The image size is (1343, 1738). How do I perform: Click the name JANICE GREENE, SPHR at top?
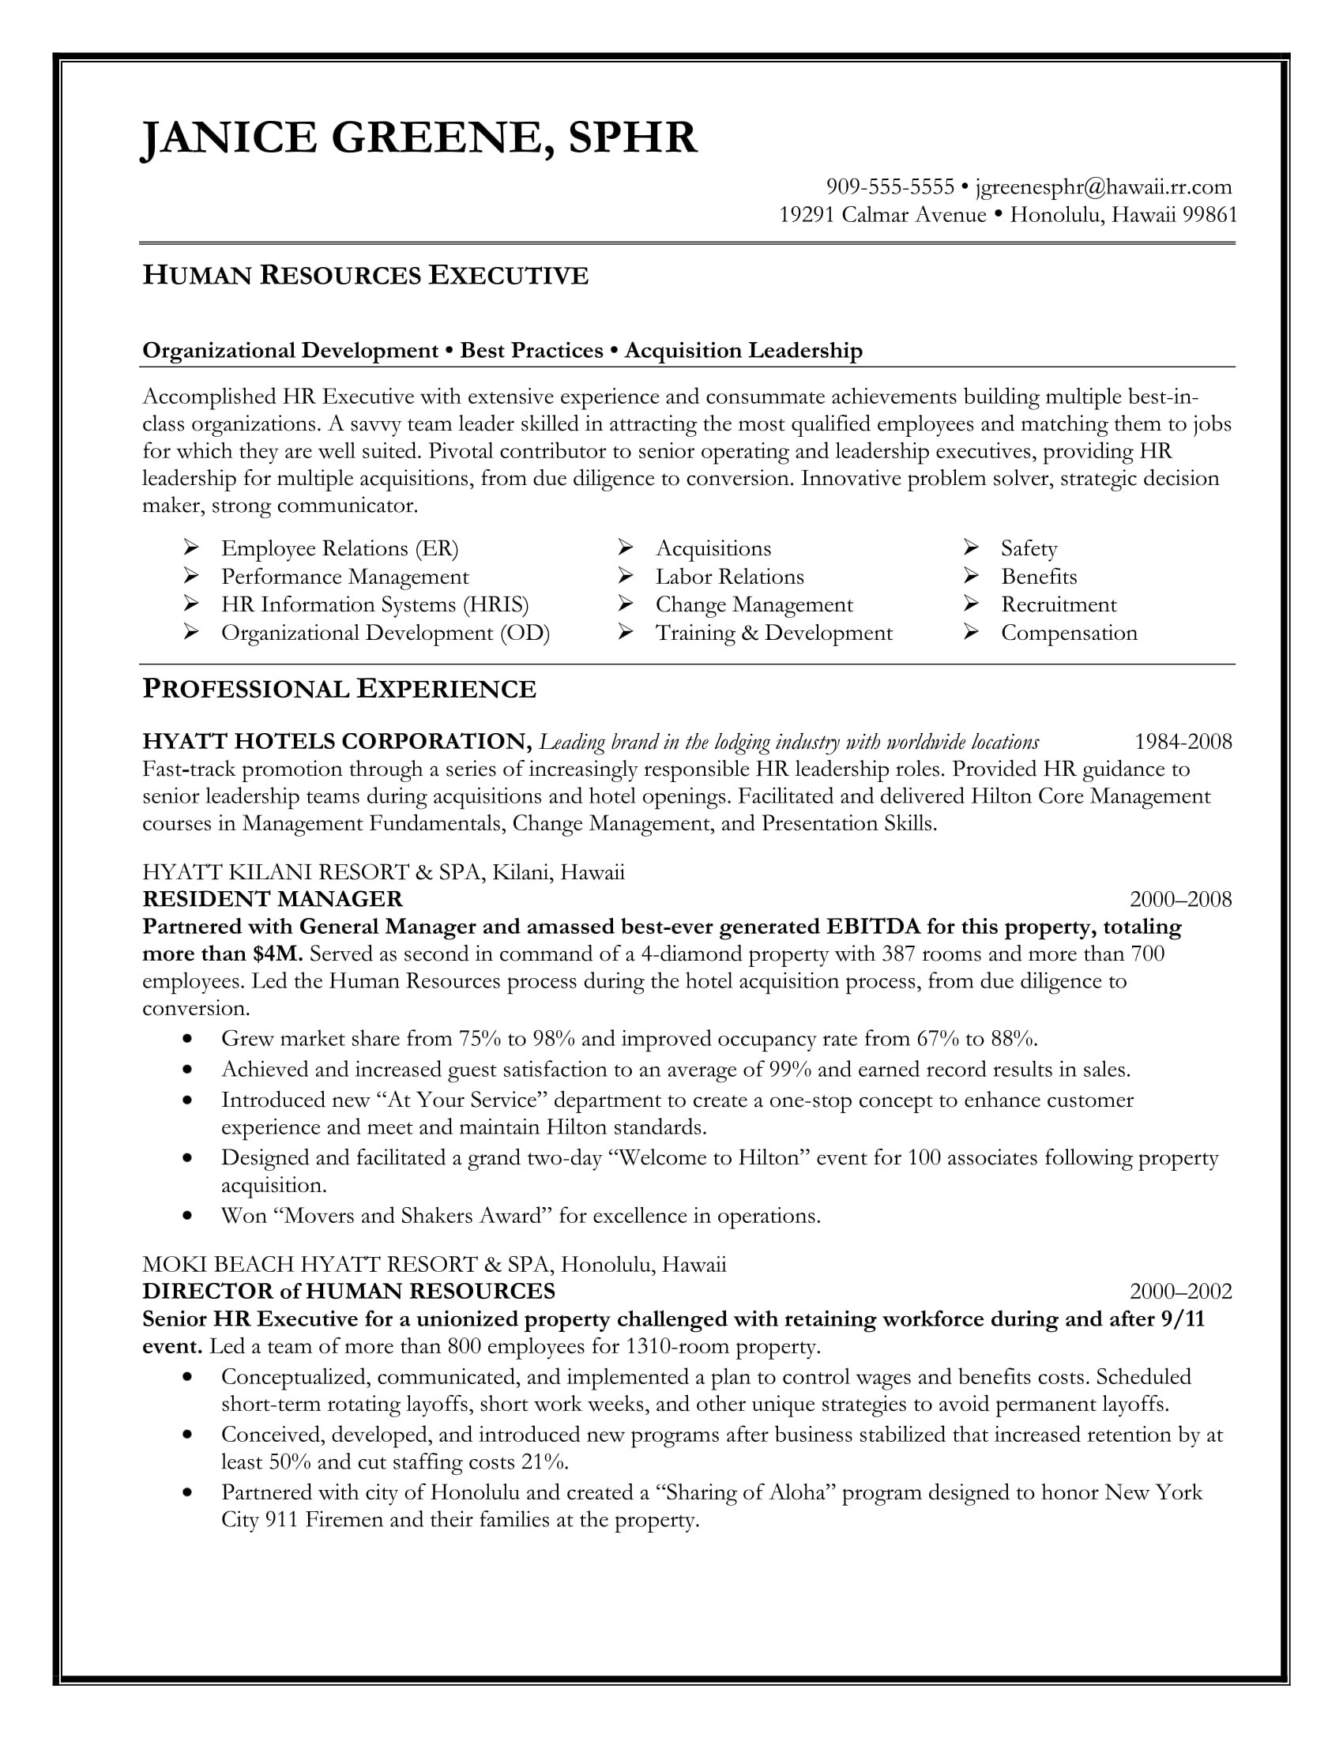[419, 137]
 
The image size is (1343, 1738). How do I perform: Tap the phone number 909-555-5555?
[890, 187]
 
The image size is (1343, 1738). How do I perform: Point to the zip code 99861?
[1209, 215]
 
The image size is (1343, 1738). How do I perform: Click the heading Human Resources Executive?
[365, 276]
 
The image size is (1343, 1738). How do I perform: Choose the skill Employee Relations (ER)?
[340, 548]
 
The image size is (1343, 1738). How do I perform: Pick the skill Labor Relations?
[729, 576]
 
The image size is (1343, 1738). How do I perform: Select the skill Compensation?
[1069, 633]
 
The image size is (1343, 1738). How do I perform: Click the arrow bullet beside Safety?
[971, 547]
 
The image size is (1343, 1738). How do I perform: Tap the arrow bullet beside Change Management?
[626, 604]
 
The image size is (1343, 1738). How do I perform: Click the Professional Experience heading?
[339, 689]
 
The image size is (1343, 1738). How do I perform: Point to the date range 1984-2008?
[1183, 742]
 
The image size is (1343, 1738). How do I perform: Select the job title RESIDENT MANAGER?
[272, 899]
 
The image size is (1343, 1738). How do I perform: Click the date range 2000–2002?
[1181, 1291]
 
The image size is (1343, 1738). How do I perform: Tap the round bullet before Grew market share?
[187, 1039]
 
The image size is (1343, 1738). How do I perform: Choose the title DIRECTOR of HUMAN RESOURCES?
[348, 1291]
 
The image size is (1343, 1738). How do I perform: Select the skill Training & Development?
[773, 633]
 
